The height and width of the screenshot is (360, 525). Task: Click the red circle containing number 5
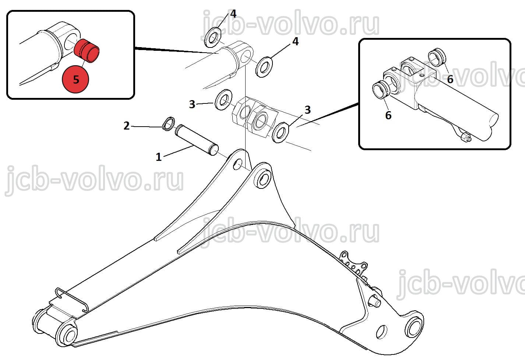click(75, 79)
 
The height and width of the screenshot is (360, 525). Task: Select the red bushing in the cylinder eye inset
click(87, 51)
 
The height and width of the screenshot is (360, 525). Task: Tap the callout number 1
click(159, 157)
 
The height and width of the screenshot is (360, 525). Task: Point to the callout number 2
click(127, 126)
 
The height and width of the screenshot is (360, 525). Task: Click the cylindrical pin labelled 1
click(197, 140)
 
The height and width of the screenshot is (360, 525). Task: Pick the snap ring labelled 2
click(169, 124)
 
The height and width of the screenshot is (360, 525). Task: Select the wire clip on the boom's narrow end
click(72, 300)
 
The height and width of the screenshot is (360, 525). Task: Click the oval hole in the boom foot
click(381, 332)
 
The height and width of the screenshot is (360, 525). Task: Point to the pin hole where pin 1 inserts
click(237, 165)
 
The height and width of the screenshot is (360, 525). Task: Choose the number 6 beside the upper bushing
click(450, 79)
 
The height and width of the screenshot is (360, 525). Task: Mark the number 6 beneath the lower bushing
click(388, 115)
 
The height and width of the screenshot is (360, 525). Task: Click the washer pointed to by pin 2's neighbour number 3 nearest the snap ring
click(223, 99)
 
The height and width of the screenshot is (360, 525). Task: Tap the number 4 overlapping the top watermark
click(233, 14)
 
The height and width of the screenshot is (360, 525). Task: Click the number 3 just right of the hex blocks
click(308, 110)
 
